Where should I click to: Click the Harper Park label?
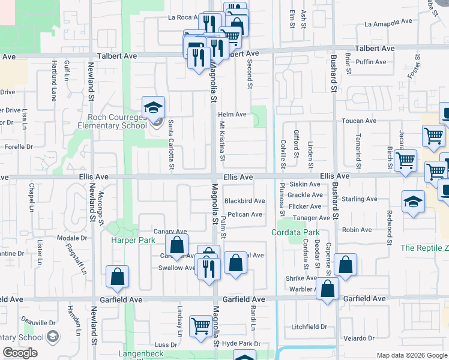click(133, 240)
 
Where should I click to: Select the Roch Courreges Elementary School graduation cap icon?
click(153, 109)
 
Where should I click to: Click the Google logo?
click(20, 353)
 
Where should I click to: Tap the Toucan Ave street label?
click(357, 121)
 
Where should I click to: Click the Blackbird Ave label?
click(244, 201)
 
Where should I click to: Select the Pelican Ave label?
click(244, 214)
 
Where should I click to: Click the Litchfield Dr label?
click(309, 327)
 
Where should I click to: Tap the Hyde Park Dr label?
click(241, 344)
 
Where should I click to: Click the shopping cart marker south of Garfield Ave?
click(200, 326)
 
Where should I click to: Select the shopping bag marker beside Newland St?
click(117, 277)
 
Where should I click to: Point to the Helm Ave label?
click(232, 114)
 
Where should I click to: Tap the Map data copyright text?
click(411, 355)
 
